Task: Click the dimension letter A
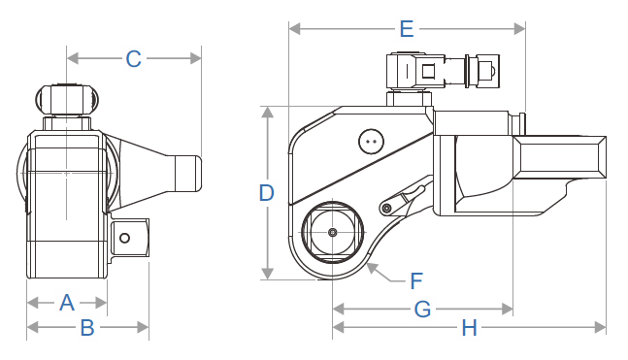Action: pos(66,302)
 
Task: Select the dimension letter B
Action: pos(86,328)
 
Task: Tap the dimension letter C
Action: pos(133,59)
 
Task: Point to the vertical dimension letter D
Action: pos(267,193)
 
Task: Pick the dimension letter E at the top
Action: pos(407,28)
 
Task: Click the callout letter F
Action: pos(416,281)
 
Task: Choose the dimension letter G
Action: pos(422,310)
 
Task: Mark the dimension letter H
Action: pos(469,329)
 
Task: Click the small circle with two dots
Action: pos(370,142)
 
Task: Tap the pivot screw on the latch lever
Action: pos(387,209)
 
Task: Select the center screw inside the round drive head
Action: pos(332,233)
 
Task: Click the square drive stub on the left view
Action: pos(127,235)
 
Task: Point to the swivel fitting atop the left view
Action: pos(67,99)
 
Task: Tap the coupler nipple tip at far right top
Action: pos(491,71)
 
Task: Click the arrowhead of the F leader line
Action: pos(373,266)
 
